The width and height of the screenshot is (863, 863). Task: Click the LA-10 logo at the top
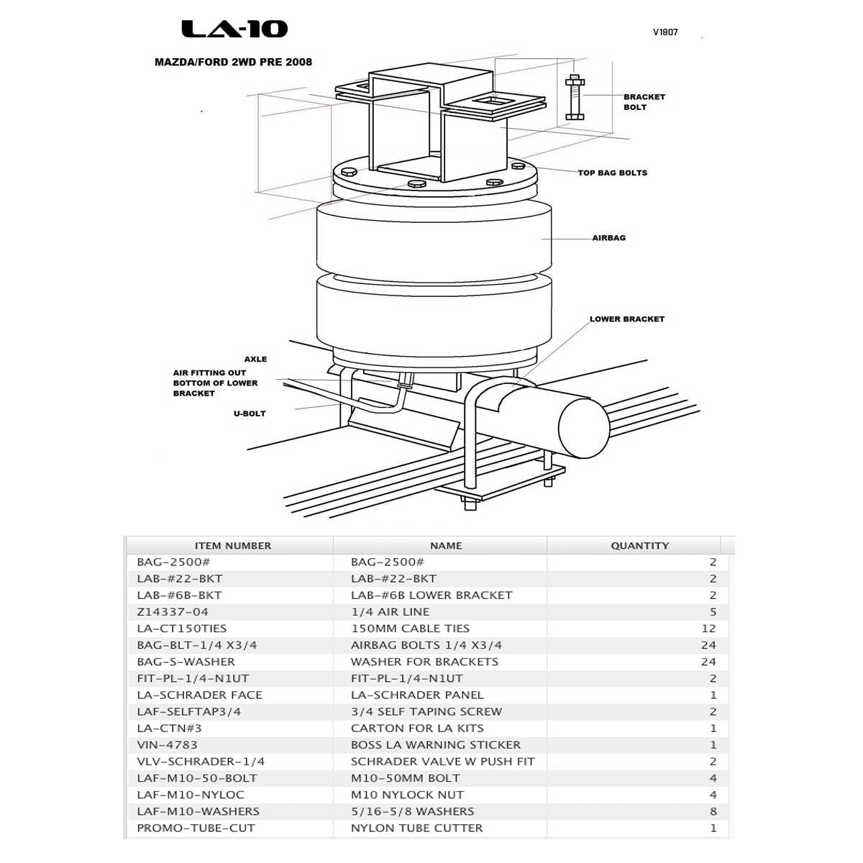(x=234, y=29)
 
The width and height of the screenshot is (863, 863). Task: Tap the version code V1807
(x=665, y=32)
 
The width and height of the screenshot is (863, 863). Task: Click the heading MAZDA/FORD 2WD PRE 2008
(x=233, y=62)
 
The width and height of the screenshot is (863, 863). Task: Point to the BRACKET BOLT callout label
(x=644, y=102)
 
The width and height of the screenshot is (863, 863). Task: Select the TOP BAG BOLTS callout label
(x=612, y=173)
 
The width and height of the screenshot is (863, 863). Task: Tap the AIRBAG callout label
(x=608, y=238)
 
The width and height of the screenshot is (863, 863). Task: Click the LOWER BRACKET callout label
(x=626, y=319)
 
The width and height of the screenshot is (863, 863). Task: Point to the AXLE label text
(x=255, y=359)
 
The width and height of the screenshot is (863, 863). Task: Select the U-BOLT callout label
(x=249, y=414)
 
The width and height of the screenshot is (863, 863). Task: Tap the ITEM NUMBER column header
(x=232, y=546)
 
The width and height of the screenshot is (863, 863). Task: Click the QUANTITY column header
(x=639, y=546)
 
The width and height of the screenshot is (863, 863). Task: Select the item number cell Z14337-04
(x=173, y=612)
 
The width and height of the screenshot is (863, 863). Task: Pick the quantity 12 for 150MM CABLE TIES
(x=708, y=629)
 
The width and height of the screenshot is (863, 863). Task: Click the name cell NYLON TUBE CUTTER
(x=416, y=828)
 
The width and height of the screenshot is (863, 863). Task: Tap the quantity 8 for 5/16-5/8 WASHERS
(x=713, y=812)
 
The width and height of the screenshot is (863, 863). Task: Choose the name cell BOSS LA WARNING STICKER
(x=435, y=745)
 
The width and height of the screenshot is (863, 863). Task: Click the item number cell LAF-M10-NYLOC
(x=191, y=795)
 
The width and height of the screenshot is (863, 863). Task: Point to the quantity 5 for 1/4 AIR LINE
(x=713, y=612)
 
